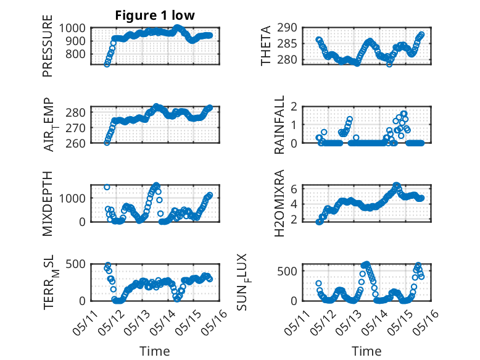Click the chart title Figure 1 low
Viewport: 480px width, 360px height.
pos(155,15)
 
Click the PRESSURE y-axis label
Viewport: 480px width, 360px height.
pos(48,46)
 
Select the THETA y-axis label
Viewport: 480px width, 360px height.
pos(266,46)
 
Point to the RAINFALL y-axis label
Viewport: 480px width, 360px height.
pos(279,124)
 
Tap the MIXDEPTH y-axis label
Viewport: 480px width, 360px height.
pos(48,204)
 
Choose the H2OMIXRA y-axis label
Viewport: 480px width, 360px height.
pos(279,203)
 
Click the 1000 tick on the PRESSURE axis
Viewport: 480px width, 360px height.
pos(72,28)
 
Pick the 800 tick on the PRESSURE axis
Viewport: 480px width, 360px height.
pos(75,54)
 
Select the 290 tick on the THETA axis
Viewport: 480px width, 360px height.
pos(287,28)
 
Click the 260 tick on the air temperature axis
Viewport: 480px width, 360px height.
pos(75,143)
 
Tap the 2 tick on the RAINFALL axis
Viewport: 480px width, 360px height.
pos(294,107)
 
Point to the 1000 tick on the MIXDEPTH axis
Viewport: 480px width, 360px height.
pos(72,198)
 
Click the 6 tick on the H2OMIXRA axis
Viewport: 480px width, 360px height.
pos(294,189)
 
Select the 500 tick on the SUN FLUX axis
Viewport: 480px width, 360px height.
pos(287,271)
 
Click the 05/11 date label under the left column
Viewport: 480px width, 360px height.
pos(85,322)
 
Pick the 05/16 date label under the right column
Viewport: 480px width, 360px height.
pos(426,322)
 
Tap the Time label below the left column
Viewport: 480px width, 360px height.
pos(155,351)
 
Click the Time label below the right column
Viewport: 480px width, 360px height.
pos(366,351)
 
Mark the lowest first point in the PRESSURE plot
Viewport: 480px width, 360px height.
pos(107,64)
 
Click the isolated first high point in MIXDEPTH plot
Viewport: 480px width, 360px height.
pos(107,187)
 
